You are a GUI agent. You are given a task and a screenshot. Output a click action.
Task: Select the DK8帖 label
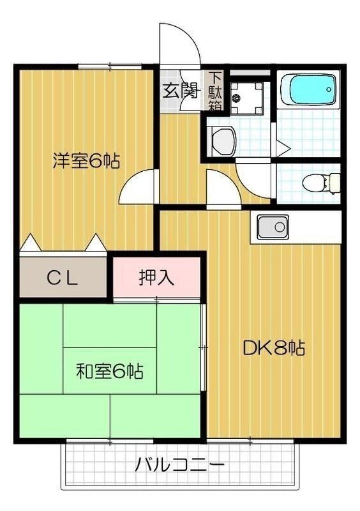[x=273, y=348]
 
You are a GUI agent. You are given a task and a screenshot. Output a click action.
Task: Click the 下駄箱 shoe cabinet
[x=214, y=92]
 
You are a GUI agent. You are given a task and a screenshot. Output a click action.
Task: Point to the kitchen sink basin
[x=273, y=227]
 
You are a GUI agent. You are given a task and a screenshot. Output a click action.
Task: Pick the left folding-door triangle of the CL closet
[x=30, y=243]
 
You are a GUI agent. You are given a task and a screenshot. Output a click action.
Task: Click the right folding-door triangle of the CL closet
[x=96, y=243]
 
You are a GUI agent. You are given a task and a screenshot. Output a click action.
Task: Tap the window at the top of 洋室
[x=109, y=66]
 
